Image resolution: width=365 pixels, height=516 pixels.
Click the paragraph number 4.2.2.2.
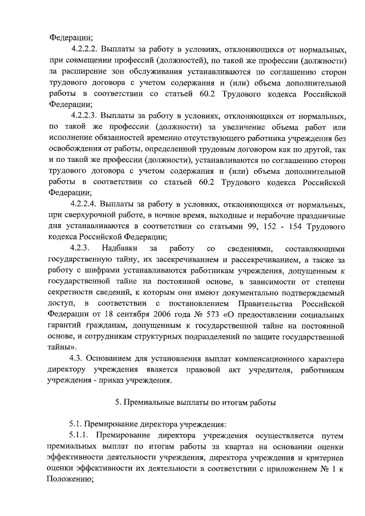click(86, 49)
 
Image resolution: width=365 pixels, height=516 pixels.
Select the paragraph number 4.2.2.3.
click(86, 116)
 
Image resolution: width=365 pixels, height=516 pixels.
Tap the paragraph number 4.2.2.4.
click(86, 205)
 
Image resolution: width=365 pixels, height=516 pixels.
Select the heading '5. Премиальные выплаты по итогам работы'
click(196, 403)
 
